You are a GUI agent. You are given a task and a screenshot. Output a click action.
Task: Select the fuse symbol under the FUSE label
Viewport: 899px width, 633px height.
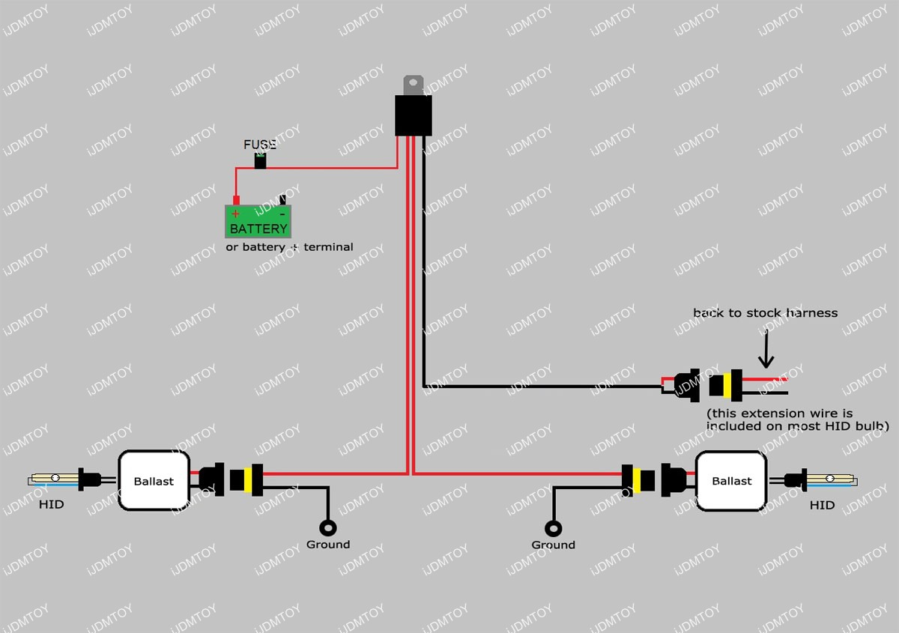tap(261, 160)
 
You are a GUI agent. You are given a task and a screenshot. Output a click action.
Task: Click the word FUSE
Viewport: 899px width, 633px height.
tap(260, 145)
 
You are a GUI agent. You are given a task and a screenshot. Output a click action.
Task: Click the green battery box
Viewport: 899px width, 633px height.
tap(258, 221)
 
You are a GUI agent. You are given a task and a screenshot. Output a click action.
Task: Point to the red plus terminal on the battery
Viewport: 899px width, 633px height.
tap(236, 201)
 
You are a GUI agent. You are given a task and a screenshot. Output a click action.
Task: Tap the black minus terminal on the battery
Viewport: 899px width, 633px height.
tap(282, 200)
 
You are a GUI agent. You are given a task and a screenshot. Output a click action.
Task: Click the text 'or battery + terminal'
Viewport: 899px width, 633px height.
tap(289, 246)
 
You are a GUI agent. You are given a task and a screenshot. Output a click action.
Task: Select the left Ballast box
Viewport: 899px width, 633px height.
tap(154, 481)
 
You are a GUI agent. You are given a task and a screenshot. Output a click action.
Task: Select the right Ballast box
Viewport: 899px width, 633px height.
tap(732, 481)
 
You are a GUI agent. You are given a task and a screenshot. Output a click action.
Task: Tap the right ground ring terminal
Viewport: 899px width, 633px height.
tap(554, 527)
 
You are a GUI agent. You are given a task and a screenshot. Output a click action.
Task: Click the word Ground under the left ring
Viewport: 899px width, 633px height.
tap(328, 545)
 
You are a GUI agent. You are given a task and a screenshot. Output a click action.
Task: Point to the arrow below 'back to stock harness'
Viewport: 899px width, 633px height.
tap(765, 350)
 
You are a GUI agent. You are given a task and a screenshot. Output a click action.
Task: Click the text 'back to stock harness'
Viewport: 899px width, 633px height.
tap(765, 312)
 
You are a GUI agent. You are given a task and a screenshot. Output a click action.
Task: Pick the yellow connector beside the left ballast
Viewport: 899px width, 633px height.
tap(241, 479)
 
